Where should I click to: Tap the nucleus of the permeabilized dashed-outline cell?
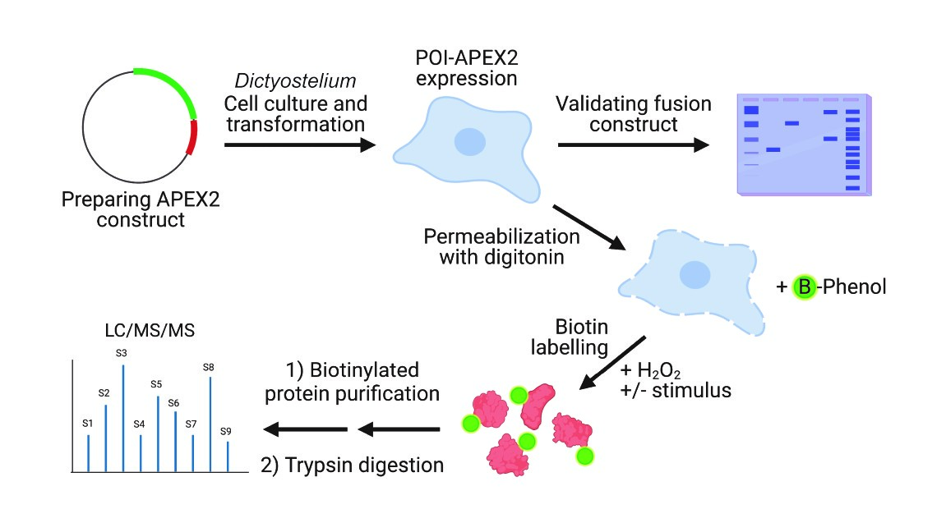[695, 273]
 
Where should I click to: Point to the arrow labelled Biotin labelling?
[612, 362]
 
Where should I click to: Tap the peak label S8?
[209, 366]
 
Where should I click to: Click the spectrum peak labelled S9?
[228, 456]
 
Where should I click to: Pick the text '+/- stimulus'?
[676, 391]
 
